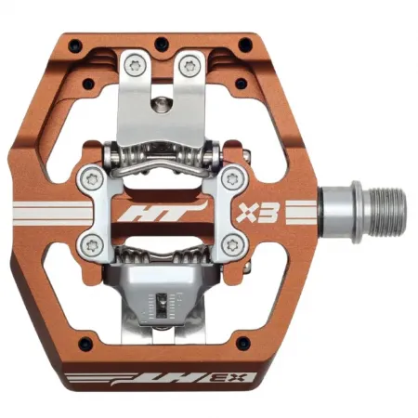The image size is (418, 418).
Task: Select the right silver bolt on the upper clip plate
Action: coord(191,64)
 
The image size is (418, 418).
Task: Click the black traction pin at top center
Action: coord(161,43)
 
